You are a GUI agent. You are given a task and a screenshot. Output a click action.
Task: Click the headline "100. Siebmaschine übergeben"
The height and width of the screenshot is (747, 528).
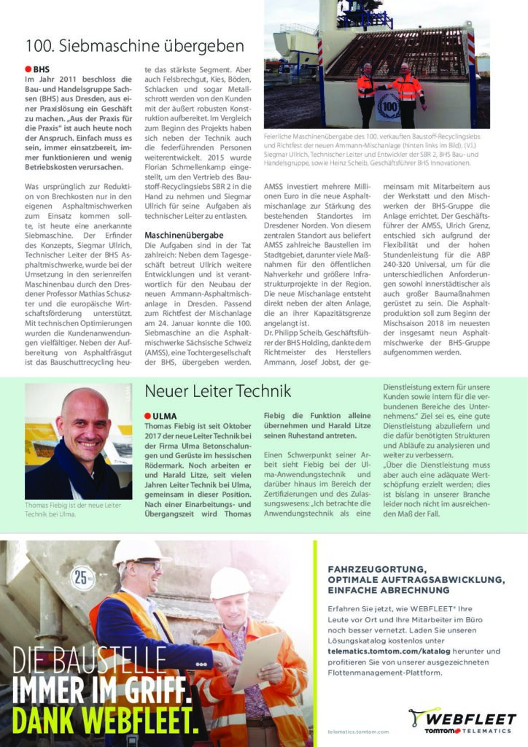pos(134,46)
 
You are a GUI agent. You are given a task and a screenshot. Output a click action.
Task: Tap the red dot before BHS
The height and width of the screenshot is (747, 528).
pos(28,69)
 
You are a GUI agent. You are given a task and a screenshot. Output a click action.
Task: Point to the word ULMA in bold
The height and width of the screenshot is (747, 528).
pos(164,417)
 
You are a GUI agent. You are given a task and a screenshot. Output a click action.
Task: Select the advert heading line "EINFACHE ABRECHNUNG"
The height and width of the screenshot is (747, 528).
pos(388,589)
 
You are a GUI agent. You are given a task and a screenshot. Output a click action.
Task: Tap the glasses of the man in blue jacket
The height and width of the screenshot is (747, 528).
pos(152,565)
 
